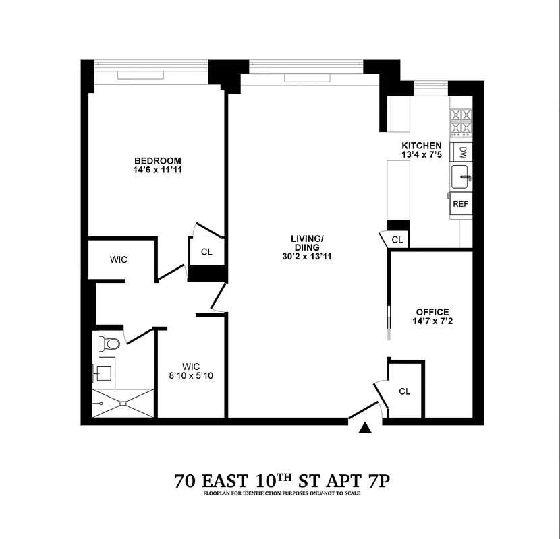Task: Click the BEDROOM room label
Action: (x=157, y=160)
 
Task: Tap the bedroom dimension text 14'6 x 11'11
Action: (x=157, y=170)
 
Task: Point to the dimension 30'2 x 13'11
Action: (x=307, y=257)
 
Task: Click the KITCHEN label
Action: (x=422, y=146)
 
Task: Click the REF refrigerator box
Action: (x=461, y=203)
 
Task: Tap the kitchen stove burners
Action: (x=461, y=124)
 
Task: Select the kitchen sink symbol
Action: (x=461, y=177)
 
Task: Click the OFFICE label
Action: (x=432, y=312)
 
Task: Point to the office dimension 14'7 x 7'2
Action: (x=432, y=322)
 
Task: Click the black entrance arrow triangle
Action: (x=366, y=428)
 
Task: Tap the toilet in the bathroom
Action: (x=110, y=344)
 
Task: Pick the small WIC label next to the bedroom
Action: (x=119, y=259)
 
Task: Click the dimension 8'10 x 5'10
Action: (x=192, y=375)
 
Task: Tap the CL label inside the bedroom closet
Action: (x=206, y=252)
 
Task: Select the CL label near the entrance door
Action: (x=405, y=391)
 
